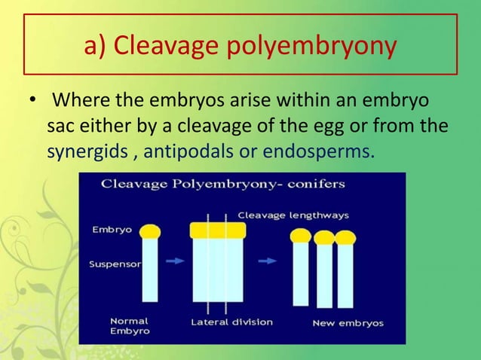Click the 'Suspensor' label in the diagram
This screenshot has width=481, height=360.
pyautogui.click(x=112, y=264)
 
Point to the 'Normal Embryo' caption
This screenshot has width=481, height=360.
pyautogui.click(x=129, y=325)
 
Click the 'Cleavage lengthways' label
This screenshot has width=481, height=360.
pyautogui.click(x=293, y=215)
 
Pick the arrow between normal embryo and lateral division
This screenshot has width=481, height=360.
pyautogui.click(x=174, y=261)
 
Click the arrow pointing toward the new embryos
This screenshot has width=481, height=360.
pyautogui.click(x=267, y=261)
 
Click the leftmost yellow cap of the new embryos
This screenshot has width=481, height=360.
pyautogui.click(x=302, y=236)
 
